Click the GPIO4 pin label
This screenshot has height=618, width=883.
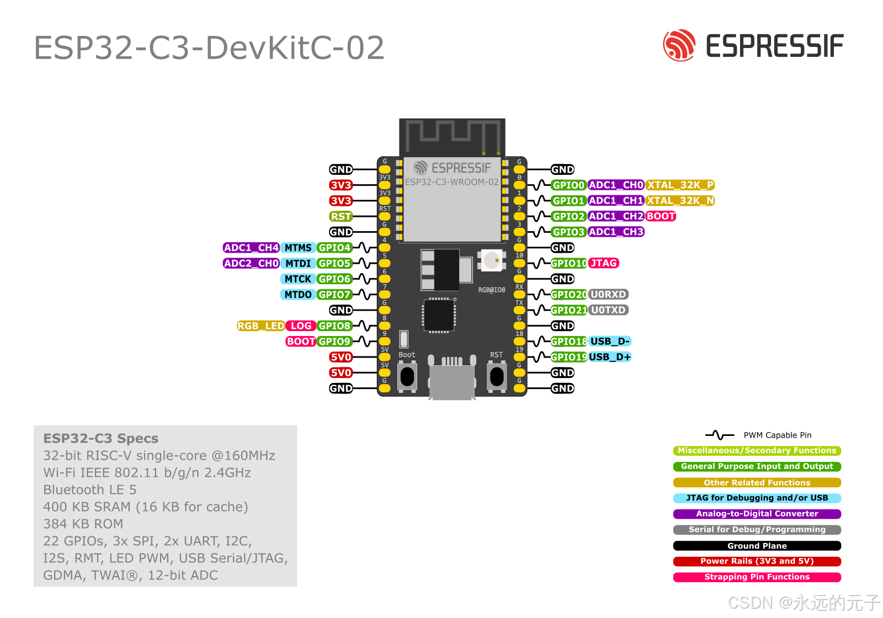334,248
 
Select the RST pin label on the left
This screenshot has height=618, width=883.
341,216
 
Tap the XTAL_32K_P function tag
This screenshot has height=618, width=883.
680,185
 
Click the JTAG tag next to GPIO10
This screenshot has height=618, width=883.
604,263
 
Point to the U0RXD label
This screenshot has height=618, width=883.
608,295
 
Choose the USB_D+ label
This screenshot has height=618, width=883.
610,357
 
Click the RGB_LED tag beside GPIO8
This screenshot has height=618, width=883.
261,326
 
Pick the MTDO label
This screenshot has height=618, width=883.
298,295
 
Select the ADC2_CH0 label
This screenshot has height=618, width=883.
251,263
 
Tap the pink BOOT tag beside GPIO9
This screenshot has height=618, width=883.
301,342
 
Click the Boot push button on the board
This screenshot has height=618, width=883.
407,376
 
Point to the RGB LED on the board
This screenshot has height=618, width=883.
491,260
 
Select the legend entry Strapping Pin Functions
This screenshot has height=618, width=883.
757,577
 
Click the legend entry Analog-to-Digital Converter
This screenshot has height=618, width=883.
757,514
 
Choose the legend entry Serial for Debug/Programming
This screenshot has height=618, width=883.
757,530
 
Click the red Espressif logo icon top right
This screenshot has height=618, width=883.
679,45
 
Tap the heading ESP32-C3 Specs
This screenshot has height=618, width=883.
101,439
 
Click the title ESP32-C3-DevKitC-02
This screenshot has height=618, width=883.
209,48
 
